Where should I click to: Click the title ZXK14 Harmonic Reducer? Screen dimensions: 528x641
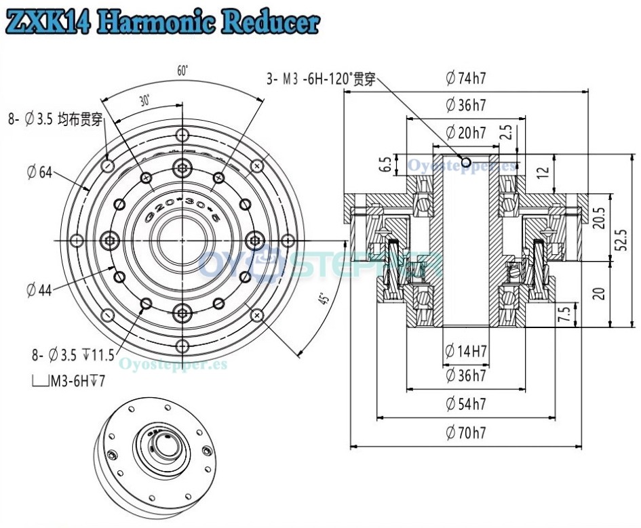(x=161, y=22)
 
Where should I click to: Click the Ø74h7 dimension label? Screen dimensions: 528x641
(x=466, y=78)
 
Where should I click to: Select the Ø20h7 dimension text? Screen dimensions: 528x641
(x=466, y=133)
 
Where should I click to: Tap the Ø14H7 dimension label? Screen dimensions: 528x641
(x=467, y=351)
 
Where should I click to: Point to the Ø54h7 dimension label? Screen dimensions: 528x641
(x=467, y=405)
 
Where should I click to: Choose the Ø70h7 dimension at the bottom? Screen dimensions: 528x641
(x=467, y=433)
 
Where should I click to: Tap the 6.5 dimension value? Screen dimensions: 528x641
(x=386, y=165)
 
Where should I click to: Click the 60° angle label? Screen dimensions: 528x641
(x=182, y=70)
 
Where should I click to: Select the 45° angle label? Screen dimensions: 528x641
(x=324, y=299)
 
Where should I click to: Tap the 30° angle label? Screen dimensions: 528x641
(x=144, y=100)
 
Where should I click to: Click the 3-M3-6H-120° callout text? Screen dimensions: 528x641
(x=322, y=78)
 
